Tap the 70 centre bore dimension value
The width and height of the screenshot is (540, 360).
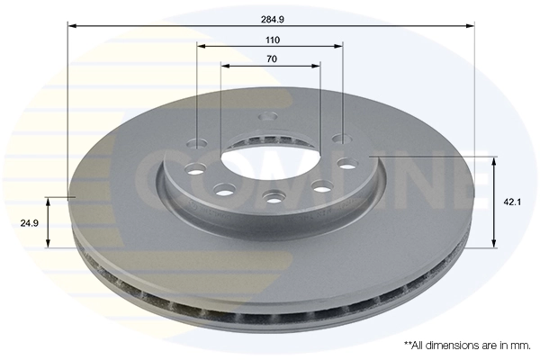[x=272, y=59]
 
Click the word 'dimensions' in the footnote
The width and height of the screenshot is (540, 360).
[x=454, y=345]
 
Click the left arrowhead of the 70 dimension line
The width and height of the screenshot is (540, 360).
[x=224, y=66]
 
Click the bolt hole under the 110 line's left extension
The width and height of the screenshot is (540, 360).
[x=197, y=141]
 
